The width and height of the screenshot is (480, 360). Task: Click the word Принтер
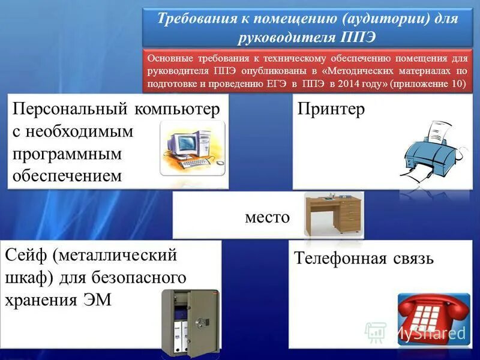pyautogui.click(x=331, y=110)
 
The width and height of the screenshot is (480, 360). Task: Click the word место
pyautogui.click(x=267, y=217)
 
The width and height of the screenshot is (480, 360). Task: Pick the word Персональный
pyautogui.click(x=71, y=110)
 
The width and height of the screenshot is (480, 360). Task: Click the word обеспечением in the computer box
pyautogui.click(x=67, y=175)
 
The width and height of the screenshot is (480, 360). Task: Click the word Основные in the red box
pyautogui.click(x=169, y=59)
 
